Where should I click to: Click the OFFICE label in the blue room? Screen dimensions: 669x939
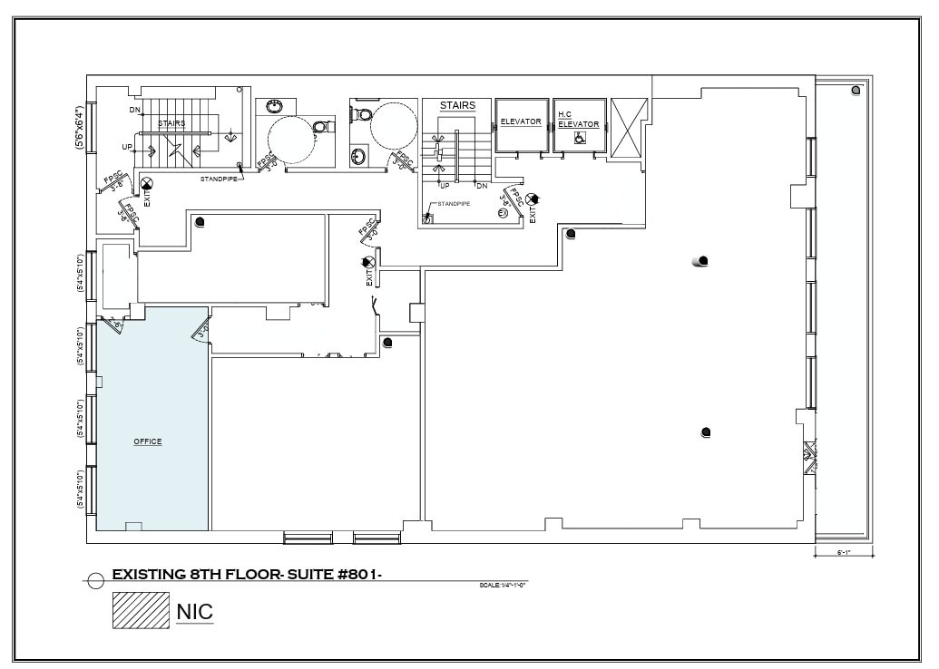pos(148,441)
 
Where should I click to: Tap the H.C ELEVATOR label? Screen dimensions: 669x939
pos(578,120)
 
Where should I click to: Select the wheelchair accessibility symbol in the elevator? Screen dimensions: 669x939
pos(580,138)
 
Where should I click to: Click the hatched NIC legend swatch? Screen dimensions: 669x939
pos(141,610)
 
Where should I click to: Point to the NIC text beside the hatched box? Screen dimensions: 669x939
pos(195,611)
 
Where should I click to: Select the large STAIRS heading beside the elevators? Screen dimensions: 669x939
pos(457,106)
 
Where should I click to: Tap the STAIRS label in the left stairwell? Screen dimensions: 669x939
pos(171,123)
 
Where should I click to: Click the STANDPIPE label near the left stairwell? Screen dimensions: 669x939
pos(219,179)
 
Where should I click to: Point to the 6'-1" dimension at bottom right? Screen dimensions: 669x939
pos(843,552)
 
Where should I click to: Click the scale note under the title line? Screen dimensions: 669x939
pos(503,586)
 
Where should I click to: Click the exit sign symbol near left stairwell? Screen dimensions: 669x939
pos(147,184)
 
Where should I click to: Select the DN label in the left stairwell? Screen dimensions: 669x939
pos(134,111)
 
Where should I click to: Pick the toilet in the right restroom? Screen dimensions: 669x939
pos(363,114)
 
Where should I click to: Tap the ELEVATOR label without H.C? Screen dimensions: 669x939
pos(521,121)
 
